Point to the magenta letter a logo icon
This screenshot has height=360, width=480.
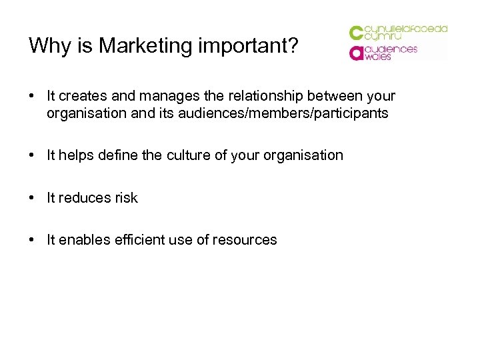point(357,53)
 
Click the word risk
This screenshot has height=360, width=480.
point(125,197)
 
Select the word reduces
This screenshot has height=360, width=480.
point(85,197)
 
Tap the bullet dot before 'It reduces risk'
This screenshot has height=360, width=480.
point(32,197)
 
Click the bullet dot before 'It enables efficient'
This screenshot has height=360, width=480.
point(32,239)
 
